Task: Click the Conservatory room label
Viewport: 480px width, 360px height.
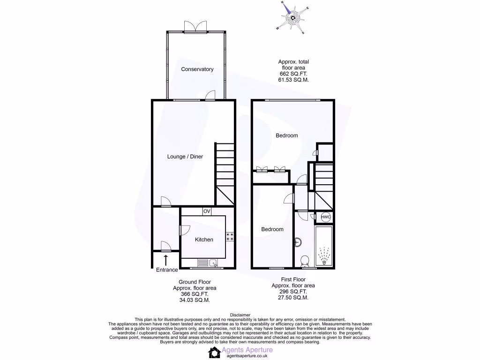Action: [197, 69]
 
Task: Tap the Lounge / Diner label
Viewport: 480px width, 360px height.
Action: [185, 157]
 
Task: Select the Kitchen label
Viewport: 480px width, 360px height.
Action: [204, 240]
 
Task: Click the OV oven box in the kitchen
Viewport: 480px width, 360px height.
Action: [207, 211]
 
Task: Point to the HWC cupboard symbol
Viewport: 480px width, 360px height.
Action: [326, 217]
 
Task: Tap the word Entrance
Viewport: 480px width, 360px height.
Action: [167, 270]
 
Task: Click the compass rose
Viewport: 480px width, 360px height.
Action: [293, 19]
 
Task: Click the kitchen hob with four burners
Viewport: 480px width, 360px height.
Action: [230, 237]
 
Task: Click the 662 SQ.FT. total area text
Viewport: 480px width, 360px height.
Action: [293, 74]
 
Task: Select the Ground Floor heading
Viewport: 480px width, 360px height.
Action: [195, 282]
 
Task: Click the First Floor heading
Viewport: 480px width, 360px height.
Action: [293, 279]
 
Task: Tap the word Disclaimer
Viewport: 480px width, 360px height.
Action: [240, 315]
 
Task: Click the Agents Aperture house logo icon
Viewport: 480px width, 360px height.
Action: [215, 352]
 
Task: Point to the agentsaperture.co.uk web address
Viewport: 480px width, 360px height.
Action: [249, 356]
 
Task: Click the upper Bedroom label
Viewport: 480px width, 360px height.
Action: [286, 135]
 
